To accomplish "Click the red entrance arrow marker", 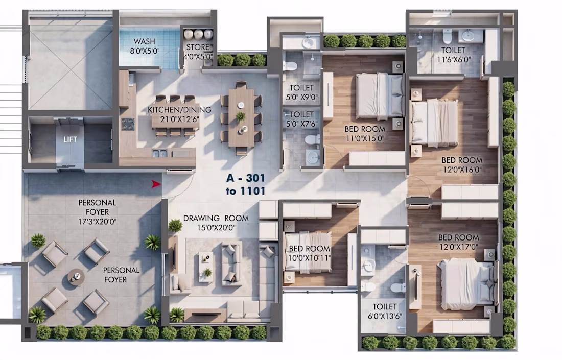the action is (156, 184).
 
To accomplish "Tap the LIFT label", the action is (71, 140).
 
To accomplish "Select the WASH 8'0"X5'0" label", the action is (145, 46).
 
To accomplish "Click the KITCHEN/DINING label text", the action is (179, 110).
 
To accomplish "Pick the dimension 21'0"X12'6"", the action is (179, 119).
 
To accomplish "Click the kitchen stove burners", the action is (127, 124).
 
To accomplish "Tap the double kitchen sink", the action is (159, 154).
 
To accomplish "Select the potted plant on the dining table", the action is (241, 116).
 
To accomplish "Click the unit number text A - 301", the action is (246, 178).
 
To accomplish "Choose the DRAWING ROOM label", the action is (216, 218).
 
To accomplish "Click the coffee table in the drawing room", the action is (206, 267).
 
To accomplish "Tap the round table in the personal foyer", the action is (76, 277).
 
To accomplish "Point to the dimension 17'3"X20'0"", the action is (98, 222).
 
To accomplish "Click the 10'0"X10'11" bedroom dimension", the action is (309, 258).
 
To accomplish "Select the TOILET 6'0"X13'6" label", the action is (385, 311).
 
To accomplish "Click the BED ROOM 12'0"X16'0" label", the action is (462, 165).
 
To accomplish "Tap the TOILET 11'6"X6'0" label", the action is (453, 55).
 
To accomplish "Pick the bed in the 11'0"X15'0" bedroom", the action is (379, 95).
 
